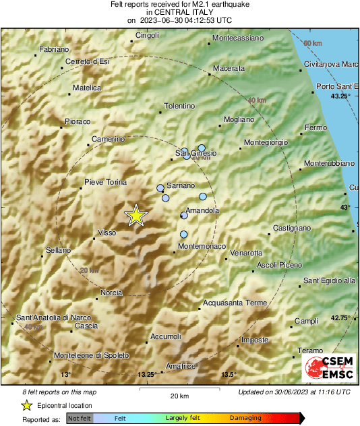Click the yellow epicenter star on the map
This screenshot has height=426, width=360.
point(136,215)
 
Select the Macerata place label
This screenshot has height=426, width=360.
point(229,69)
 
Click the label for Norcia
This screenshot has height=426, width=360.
point(111,293)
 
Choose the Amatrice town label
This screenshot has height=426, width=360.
point(181,366)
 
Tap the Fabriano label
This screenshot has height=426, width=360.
point(54,50)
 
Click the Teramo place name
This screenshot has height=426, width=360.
point(311,351)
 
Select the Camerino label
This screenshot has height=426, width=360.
point(109,140)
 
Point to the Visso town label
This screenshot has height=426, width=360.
point(108,233)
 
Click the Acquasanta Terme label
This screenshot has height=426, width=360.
point(235,303)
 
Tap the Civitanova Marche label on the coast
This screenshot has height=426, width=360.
point(331,64)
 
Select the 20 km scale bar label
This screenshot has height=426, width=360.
point(179,395)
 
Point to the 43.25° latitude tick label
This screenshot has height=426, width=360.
point(341,96)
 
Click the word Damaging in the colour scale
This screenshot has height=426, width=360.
point(245,419)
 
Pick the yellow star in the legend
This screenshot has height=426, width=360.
point(26,405)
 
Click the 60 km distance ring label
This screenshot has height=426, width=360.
point(313,44)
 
